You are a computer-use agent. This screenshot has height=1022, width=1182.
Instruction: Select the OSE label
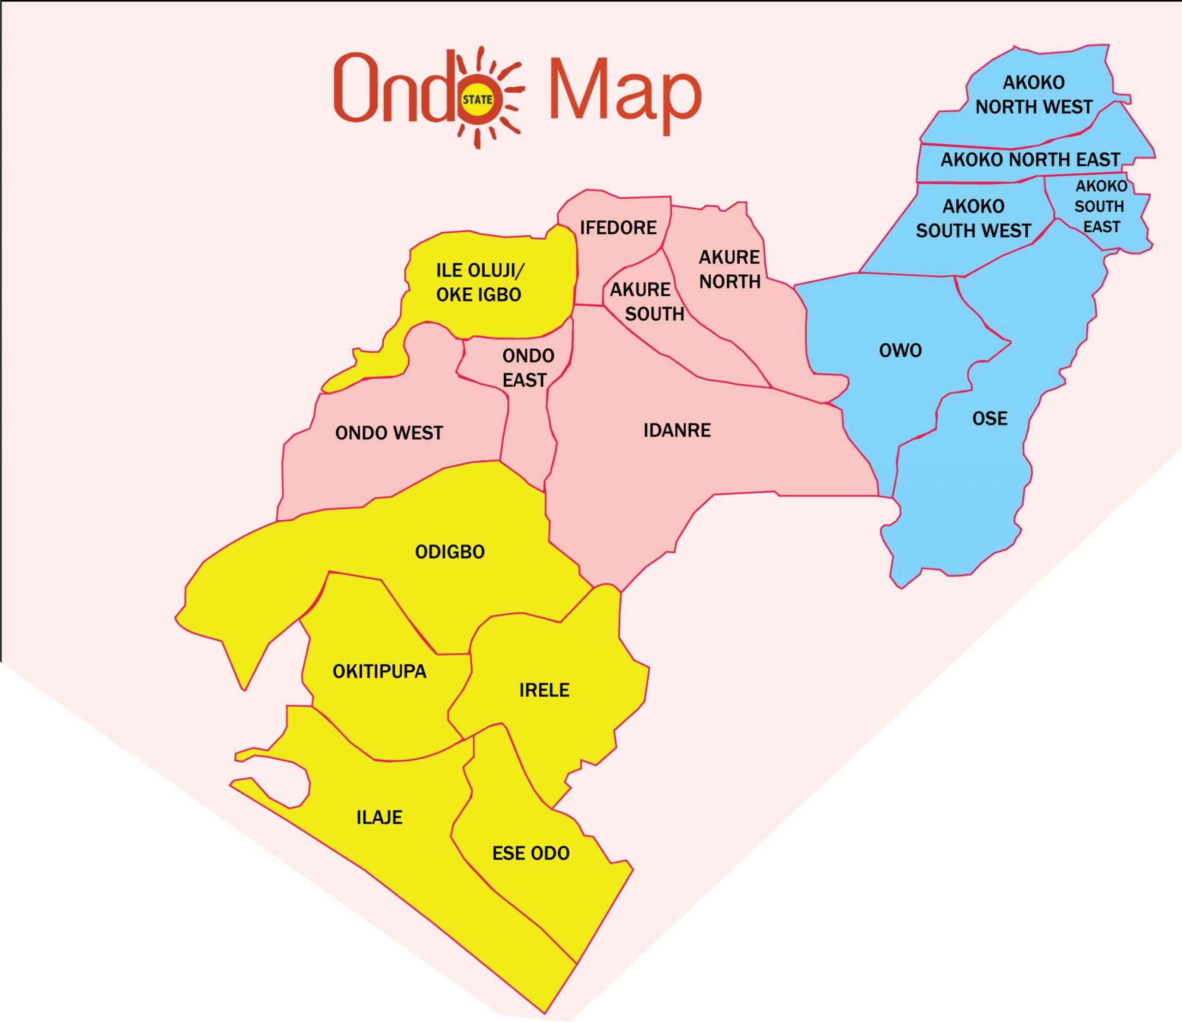pos(990,418)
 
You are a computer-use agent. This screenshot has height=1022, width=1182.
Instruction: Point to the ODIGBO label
pos(450,552)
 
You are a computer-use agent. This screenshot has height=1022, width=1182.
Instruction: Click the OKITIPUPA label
pos(380,671)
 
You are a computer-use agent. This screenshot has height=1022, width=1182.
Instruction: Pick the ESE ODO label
pos(531,853)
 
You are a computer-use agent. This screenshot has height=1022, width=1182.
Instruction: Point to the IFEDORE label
pos(618,228)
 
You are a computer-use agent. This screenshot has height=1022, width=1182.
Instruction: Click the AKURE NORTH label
pos(730,269)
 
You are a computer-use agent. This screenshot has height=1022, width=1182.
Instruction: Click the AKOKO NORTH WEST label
pos(1034,95)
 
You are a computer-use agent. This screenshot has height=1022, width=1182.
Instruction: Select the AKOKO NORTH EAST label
pos(1030,159)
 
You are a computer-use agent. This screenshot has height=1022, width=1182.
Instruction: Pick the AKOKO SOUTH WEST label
pos(973,218)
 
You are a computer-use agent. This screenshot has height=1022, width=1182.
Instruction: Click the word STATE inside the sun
pos(477,99)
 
